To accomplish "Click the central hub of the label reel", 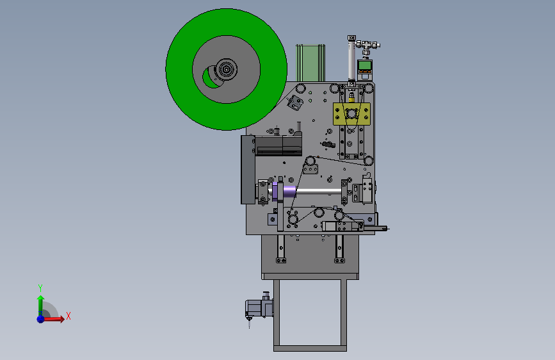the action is [226, 69].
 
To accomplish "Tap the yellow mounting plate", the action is [351, 114].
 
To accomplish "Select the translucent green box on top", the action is [310, 63].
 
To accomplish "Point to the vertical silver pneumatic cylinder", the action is [351, 61].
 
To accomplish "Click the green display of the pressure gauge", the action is [365, 65].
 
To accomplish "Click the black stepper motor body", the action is [278, 145].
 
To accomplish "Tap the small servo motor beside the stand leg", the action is [259, 307].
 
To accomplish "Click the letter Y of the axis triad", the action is [40, 288].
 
